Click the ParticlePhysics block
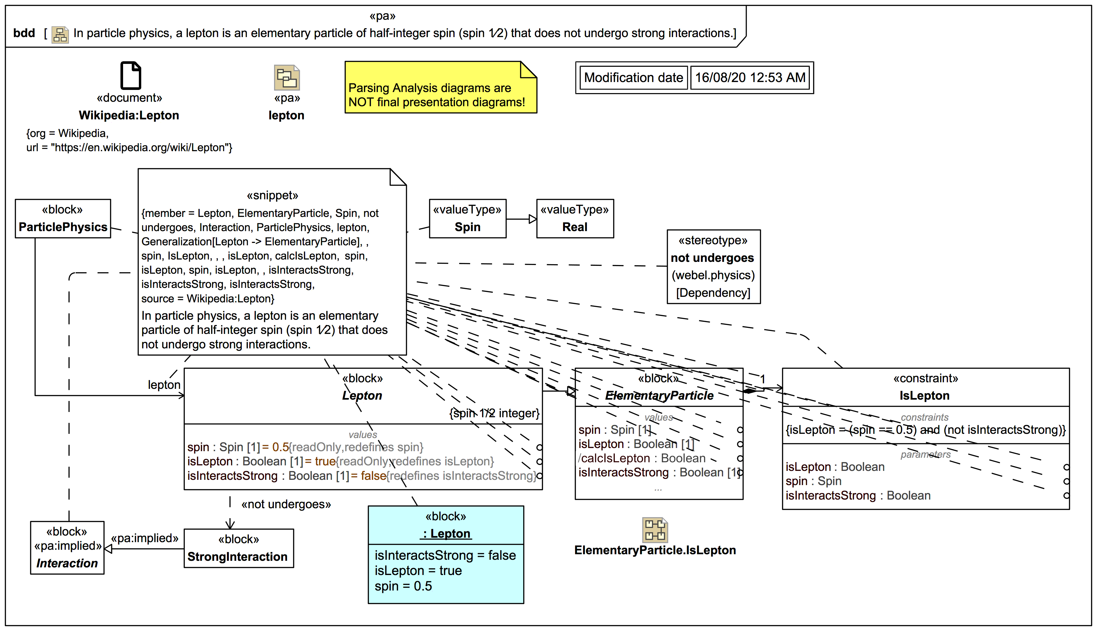click(63, 219)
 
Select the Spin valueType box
click(467, 219)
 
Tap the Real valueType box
click(575, 219)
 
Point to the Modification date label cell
click(633, 78)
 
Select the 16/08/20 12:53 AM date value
click(750, 78)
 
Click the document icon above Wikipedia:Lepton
click(130, 75)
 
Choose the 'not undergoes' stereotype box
click(713, 267)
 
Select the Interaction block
click(67, 548)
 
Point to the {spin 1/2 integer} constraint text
click(494, 414)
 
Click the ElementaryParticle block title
click(659, 396)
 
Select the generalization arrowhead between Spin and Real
click(533, 219)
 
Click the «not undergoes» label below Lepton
click(286, 505)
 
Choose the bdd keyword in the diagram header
click(24, 33)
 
